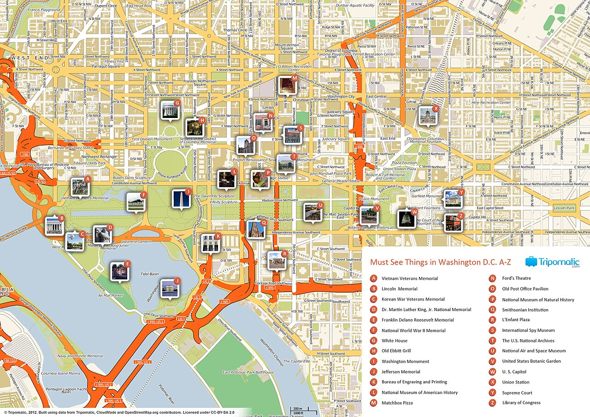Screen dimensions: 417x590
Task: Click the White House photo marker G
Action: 169,110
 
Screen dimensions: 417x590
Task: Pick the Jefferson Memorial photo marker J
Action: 169,288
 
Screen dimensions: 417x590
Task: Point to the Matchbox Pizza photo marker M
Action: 287,85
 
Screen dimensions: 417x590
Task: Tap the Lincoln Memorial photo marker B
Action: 54,225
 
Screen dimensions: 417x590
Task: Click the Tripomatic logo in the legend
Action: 552,262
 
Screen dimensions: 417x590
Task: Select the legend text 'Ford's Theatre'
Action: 516,278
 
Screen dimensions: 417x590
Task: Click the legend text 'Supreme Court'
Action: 517,393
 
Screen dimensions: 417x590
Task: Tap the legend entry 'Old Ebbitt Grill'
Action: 396,351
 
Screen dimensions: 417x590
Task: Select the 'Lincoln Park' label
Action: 564,208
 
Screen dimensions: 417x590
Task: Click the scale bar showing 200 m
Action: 297,409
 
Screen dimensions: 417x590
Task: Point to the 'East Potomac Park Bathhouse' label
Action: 248,372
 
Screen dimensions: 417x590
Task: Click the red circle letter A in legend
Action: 374,278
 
